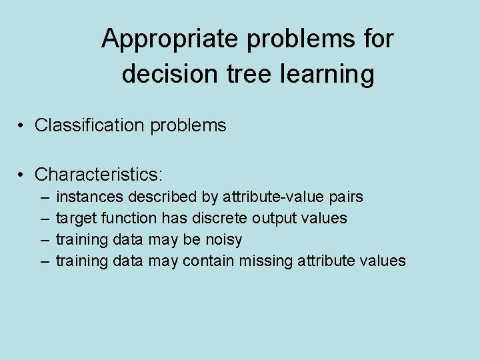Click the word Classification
click(88, 125)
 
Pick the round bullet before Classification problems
click(22, 125)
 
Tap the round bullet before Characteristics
click(22, 175)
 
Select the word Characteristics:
click(99, 175)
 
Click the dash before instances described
click(44, 197)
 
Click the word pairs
click(346, 198)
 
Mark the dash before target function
click(44, 219)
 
